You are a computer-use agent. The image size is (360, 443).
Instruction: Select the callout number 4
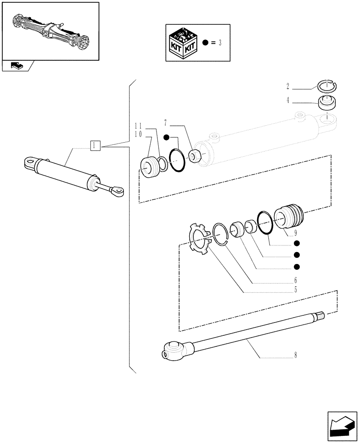(x=288, y=101)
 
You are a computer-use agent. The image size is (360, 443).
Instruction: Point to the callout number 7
(x=165, y=122)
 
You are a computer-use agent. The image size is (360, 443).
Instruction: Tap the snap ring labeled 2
(x=329, y=85)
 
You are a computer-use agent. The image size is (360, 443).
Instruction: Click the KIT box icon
(x=183, y=43)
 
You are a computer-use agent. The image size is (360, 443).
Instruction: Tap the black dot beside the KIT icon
(x=205, y=43)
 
